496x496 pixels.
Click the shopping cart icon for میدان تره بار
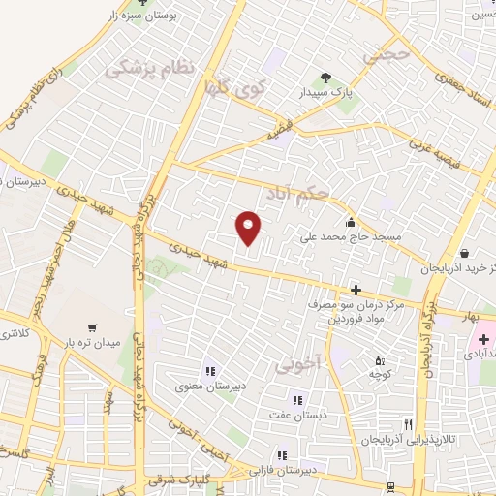pyautogui.click(x=92, y=327)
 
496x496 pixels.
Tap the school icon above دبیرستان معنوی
pyautogui.click(x=209, y=370)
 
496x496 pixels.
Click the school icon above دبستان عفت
pyautogui.click(x=297, y=399)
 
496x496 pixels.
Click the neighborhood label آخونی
pyautogui.click(x=297, y=362)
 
